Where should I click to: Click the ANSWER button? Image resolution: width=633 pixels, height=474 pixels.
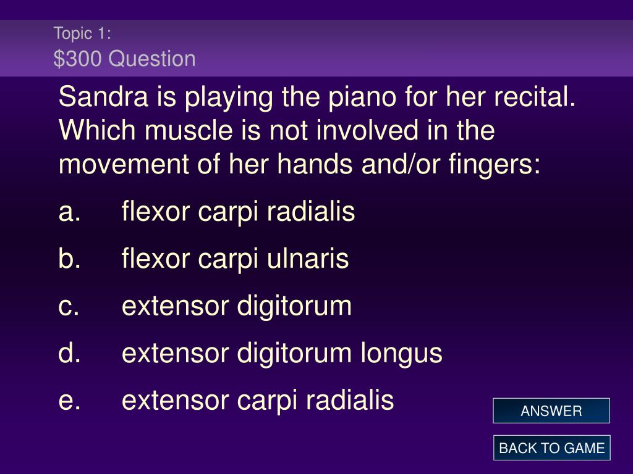[x=551, y=410]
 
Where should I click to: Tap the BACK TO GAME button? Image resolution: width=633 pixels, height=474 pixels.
[x=551, y=448]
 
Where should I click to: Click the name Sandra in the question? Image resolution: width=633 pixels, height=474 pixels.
[x=103, y=97]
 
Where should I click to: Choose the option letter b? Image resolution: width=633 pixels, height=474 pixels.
[x=69, y=259]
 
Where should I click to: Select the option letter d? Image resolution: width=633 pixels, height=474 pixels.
[x=69, y=352]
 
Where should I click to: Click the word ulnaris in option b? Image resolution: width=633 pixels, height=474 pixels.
[x=308, y=259]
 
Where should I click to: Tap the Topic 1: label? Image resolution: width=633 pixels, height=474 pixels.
[x=82, y=33]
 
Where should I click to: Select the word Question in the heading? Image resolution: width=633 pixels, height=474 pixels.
[x=152, y=59]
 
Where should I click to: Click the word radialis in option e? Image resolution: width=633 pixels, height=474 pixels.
[x=350, y=400]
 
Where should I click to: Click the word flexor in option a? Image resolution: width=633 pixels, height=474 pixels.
[x=156, y=211]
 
